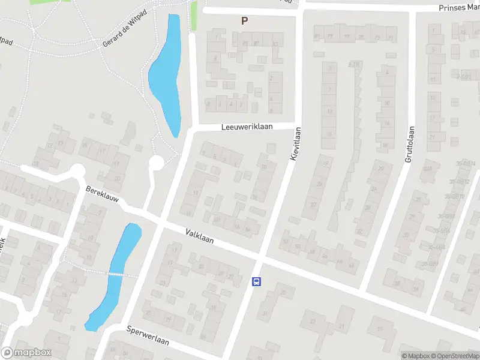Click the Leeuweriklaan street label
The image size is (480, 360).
tap(247, 127)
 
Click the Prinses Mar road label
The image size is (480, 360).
tap(459, 8)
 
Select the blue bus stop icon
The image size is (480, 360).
tap(257, 281)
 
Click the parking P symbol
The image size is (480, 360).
tap(244, 20)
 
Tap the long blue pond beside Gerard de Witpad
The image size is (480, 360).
tap(166, 72)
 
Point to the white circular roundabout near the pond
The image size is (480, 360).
tap(157, 163)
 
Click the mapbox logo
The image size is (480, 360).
tap(26, 353)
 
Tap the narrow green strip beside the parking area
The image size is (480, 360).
tap(194, 17)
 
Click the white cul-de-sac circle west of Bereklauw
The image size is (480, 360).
tap(77, 172)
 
